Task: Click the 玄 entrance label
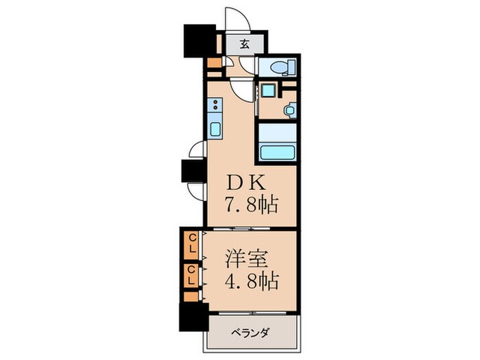tap(245, 45)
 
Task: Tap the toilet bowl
tap(280, 67)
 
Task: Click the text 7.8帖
tap(252, 205)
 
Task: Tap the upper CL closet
tap(193, 245)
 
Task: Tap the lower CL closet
tap(193, 277)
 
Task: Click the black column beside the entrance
tap(200, 40)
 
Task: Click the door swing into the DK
tap(241, 86)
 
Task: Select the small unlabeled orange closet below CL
tap(191, 298)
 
